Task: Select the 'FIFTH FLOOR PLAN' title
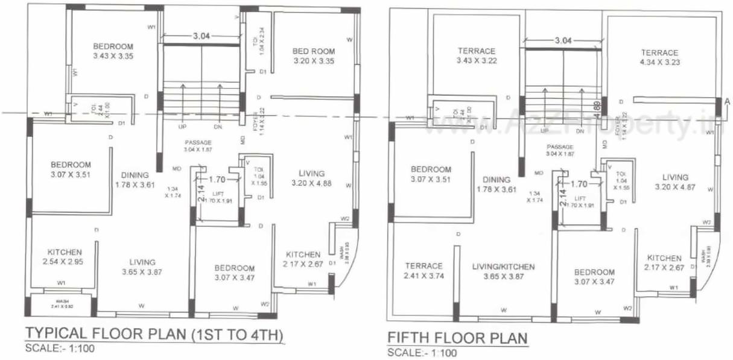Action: point(457,337)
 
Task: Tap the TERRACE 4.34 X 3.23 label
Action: point(659,57)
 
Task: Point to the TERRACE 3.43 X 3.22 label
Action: point(476,55)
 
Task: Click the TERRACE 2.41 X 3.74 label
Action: point(424,271)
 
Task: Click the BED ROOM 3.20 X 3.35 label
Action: point(314,55)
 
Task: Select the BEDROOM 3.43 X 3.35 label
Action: point(113,51)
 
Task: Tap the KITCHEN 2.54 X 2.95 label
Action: point(65,257)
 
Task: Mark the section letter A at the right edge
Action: point(727,101)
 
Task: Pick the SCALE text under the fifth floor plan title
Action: point(422,353)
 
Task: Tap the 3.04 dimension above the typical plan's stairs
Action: point(201,36)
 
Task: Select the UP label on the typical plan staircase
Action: point(182,127)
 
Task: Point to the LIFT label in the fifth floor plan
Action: point(580,198)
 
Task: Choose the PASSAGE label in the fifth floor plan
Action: point(560,150)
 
